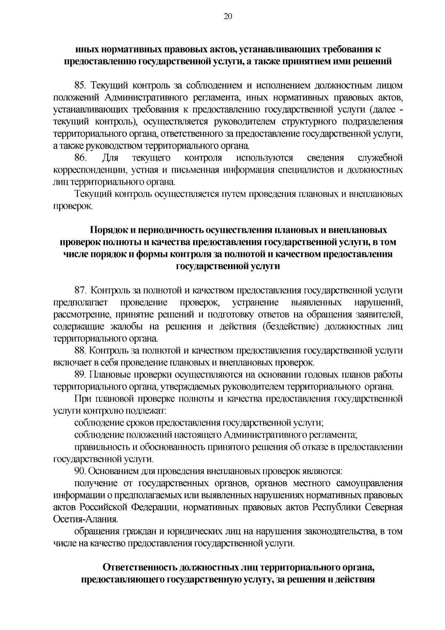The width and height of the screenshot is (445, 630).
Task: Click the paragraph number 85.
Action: click(x=80, y=85)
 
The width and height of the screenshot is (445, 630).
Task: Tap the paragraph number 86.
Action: click(x=80, y=158)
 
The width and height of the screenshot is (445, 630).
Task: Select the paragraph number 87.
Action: click(x=80, y=290)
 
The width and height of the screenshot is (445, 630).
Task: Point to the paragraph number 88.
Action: click(x=80, y=350)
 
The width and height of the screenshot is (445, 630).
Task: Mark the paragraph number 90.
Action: click(x=80, y=471)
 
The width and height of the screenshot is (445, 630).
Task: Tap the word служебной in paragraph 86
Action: click(x=380, y=158)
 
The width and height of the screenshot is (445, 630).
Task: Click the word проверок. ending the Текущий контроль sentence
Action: click(x=72, y=206)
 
